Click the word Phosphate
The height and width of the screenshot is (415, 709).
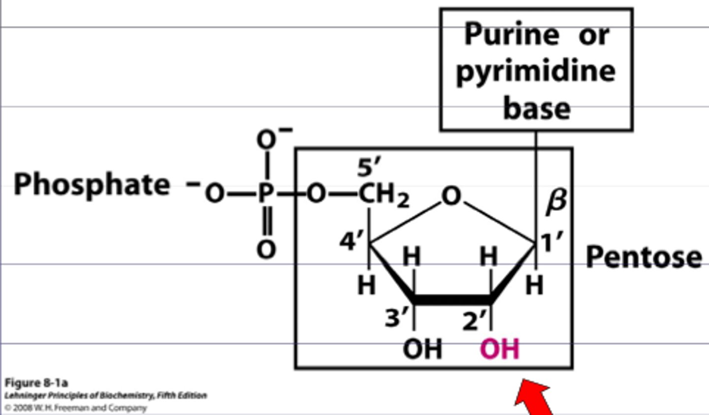click(92, 185)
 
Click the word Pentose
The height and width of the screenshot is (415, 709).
click(644, 257)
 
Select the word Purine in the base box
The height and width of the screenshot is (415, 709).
click(512, 35)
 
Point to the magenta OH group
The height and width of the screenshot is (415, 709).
click(499, 349)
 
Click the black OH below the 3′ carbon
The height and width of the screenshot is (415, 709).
click(422, 349)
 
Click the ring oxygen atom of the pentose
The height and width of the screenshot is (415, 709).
click(451, 196)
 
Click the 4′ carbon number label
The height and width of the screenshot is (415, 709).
click(352, 242)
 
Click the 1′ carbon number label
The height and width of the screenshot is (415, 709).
click(551, 242)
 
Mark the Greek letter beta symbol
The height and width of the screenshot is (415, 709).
click(556, 202)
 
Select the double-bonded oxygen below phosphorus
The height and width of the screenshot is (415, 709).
click(266, 249)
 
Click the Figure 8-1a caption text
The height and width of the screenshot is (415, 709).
click(36, 383)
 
